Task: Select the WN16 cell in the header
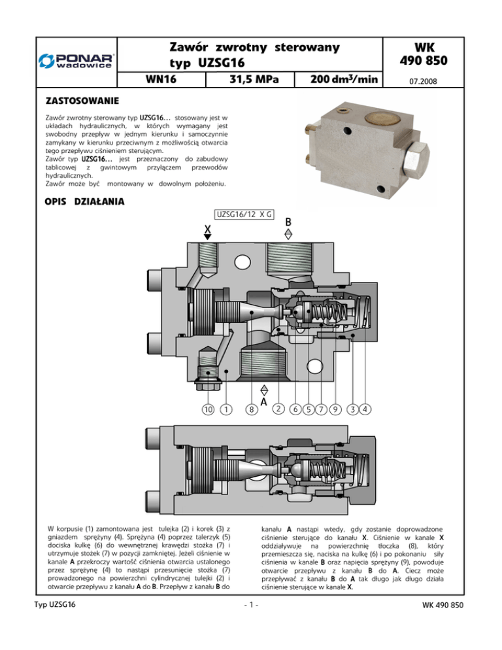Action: (x=161, y=79)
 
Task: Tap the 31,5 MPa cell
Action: (x=250, y=79)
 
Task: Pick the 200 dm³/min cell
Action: (x=339, y=79)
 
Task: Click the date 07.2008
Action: (x=423, y=81)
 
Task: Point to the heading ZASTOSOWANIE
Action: (x=82, y=101)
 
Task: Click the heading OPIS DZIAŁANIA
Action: (x=84, y=201)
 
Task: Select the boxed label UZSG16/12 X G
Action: (x=244, y=214)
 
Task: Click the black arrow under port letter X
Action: (x=208, y=237)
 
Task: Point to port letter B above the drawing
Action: (x=288, y=222)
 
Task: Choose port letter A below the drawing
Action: (x=263, y=402)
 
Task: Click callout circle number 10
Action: (x=208, y=409)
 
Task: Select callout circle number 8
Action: (x=252, y=409)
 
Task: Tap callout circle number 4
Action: (x=365, y=409)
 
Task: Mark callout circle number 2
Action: (x=278, y=409)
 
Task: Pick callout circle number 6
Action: (x=295, y=409)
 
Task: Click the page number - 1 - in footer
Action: (x=251, y=605)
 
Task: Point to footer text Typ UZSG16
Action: (x=55, y=604)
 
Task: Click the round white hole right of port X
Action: (x=243, y=262)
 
